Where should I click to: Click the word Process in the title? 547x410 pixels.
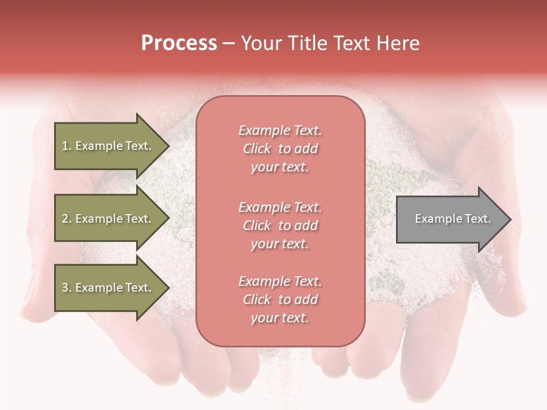[179, 43]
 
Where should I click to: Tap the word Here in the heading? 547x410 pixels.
[397, 43]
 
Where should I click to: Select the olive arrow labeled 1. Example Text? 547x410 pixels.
[108, 146]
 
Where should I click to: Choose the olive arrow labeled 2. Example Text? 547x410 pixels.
[108, 219]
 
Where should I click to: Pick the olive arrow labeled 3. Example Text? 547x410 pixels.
[108, 288]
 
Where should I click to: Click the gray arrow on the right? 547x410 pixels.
[450, 219]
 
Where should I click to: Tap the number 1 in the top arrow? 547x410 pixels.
[65, 146]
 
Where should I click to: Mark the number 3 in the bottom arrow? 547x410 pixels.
[65, 288]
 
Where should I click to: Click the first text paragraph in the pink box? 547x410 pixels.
[280, 149]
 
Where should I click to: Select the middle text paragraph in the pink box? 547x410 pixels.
[280, 225]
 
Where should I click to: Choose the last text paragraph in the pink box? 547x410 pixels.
[280, 300]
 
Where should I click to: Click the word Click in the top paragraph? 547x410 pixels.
[257, 149]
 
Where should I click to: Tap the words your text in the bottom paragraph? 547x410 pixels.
[280, 318]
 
